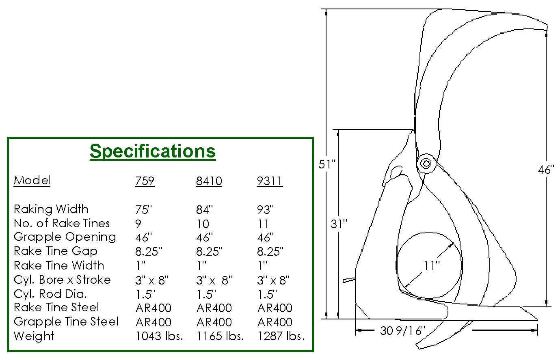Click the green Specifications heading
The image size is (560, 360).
pyautogui.click(x=153, y=151)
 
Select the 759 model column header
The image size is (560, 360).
pyautogui.click(x=145, y=181)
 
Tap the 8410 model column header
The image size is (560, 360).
pyautogui.click(x=209, y=181)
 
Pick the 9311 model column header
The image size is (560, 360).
pyautogui.click(x=270, y=181)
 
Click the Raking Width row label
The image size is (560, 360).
pyautogui.click(x=51, y=209)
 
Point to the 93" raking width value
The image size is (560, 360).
pyautogui.click(x=266, y=209)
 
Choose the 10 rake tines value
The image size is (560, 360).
pyautogui.click(x=203, y=224)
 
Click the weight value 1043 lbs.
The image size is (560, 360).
pyautogui.click(x=159, y=336)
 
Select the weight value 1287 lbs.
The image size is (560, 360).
pyautogui.click(x=281, y=336)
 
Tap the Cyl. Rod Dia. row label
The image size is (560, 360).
pyautogui.click(x=50, y=294)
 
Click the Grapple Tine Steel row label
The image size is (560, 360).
pyautogui.click(x=66, y=322)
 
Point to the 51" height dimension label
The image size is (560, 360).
pyautogui.click(x=327, y=164)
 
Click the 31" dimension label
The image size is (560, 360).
pyautogui.click(x=339, y=224)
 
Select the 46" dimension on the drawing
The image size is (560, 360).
pyautogui.click(x=546, y=170)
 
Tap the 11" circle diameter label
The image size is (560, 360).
pyautogui.click(x=432, y=265)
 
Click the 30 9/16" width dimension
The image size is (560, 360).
pyautogui.click(x=402, y=331)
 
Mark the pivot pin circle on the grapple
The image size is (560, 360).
pyautogui.click(x=426, y=164)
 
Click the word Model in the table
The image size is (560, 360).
pyautogui.click(x=32, y=180)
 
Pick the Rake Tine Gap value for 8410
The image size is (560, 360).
pyautogui.click(x=209, y=252)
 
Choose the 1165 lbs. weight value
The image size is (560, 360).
pyautogui.click(x=220, y=336)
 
